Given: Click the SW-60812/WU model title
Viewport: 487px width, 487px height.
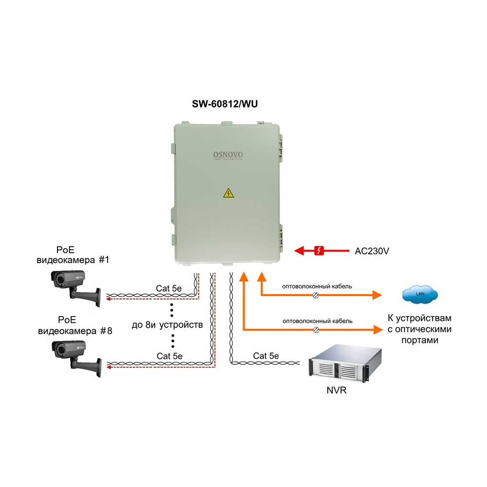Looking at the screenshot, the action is pos(225,104).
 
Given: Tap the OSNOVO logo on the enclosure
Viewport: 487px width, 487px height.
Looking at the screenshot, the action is pos(228,155).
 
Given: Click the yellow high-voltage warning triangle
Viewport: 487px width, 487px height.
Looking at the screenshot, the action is pos(228,193).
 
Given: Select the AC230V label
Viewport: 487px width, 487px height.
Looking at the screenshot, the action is pos(372,251).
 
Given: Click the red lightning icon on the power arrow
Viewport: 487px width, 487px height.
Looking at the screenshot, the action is pos(319,250).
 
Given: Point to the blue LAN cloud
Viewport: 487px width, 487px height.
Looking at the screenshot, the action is pos(420,294).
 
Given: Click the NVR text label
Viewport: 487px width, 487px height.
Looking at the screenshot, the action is pos(337,390).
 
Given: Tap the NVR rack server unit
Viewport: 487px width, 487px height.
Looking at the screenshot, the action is pos(345,364).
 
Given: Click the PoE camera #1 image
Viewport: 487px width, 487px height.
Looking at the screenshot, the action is pos(75,288).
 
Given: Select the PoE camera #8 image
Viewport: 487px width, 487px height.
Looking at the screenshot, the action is pos(76,358).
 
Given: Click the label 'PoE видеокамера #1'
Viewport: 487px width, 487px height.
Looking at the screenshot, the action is pos(73,255).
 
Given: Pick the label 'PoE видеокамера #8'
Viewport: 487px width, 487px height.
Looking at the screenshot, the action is pos(75,325).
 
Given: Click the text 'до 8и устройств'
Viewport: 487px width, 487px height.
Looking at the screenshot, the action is pos(167,325).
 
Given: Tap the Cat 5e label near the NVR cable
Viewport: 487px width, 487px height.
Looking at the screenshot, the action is pos(266,356).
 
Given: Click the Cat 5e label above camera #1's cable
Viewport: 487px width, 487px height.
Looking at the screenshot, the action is pos(169,288).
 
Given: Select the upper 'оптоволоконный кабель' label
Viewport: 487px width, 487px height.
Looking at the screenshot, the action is pos(317,286).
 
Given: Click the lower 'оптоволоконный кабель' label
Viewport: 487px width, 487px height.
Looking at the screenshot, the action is pos(318,321).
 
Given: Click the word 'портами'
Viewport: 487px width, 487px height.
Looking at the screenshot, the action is pos(420,340).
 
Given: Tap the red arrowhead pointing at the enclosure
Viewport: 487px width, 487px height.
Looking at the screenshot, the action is pos(299,251).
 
